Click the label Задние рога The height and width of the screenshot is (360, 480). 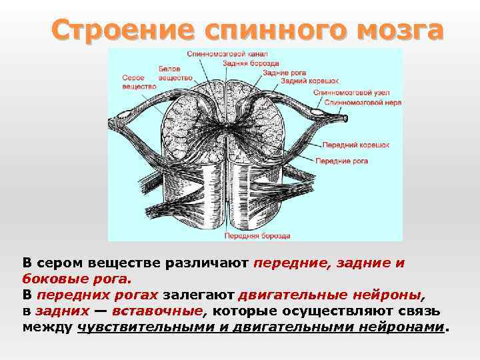(282, 71)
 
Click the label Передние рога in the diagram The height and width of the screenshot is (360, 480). (342, 161)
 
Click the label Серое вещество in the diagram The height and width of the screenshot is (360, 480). (139, 82)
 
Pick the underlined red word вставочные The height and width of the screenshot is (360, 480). (157, 311)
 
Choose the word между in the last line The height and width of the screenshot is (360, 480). (47, 327)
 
